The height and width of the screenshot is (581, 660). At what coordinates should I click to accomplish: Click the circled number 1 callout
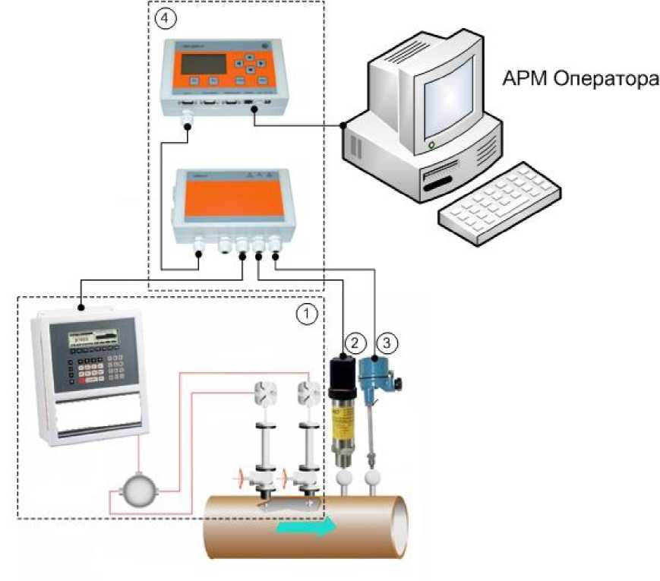pos(305,313)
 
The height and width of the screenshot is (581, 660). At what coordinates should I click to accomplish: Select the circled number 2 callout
pos(351,341)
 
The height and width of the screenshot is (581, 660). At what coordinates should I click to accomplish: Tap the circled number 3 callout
pos(387,343)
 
